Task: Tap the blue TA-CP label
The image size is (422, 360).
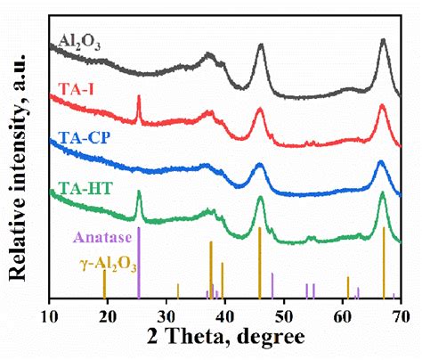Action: (x=82, y=139)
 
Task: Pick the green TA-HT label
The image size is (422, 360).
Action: (x=83, y=189)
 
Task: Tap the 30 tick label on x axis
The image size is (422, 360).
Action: (x=166, y=314)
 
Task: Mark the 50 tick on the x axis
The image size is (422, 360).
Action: (x=283, y=314)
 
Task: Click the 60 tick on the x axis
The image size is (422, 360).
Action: (x=342, y=314)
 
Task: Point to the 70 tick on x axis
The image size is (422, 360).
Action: (x=400, y=314)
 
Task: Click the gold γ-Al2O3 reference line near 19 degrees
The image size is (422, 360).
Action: (x=104, y=284)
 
